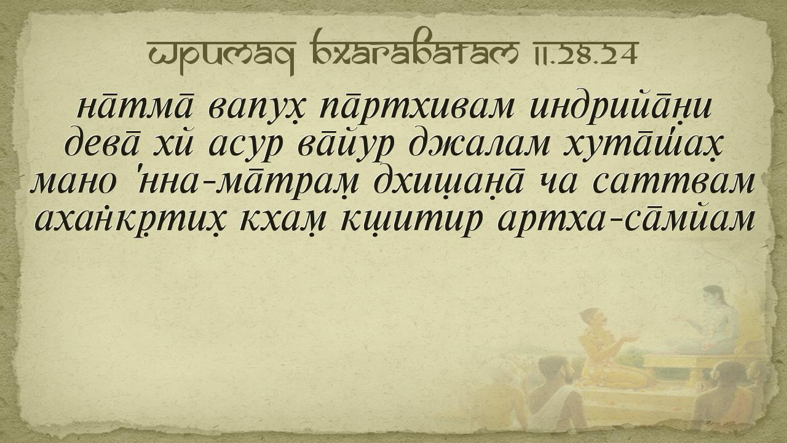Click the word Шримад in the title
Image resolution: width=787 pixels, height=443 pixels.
click(x=221, y=55)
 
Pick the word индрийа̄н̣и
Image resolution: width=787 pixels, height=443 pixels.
click(x=621, y=105)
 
